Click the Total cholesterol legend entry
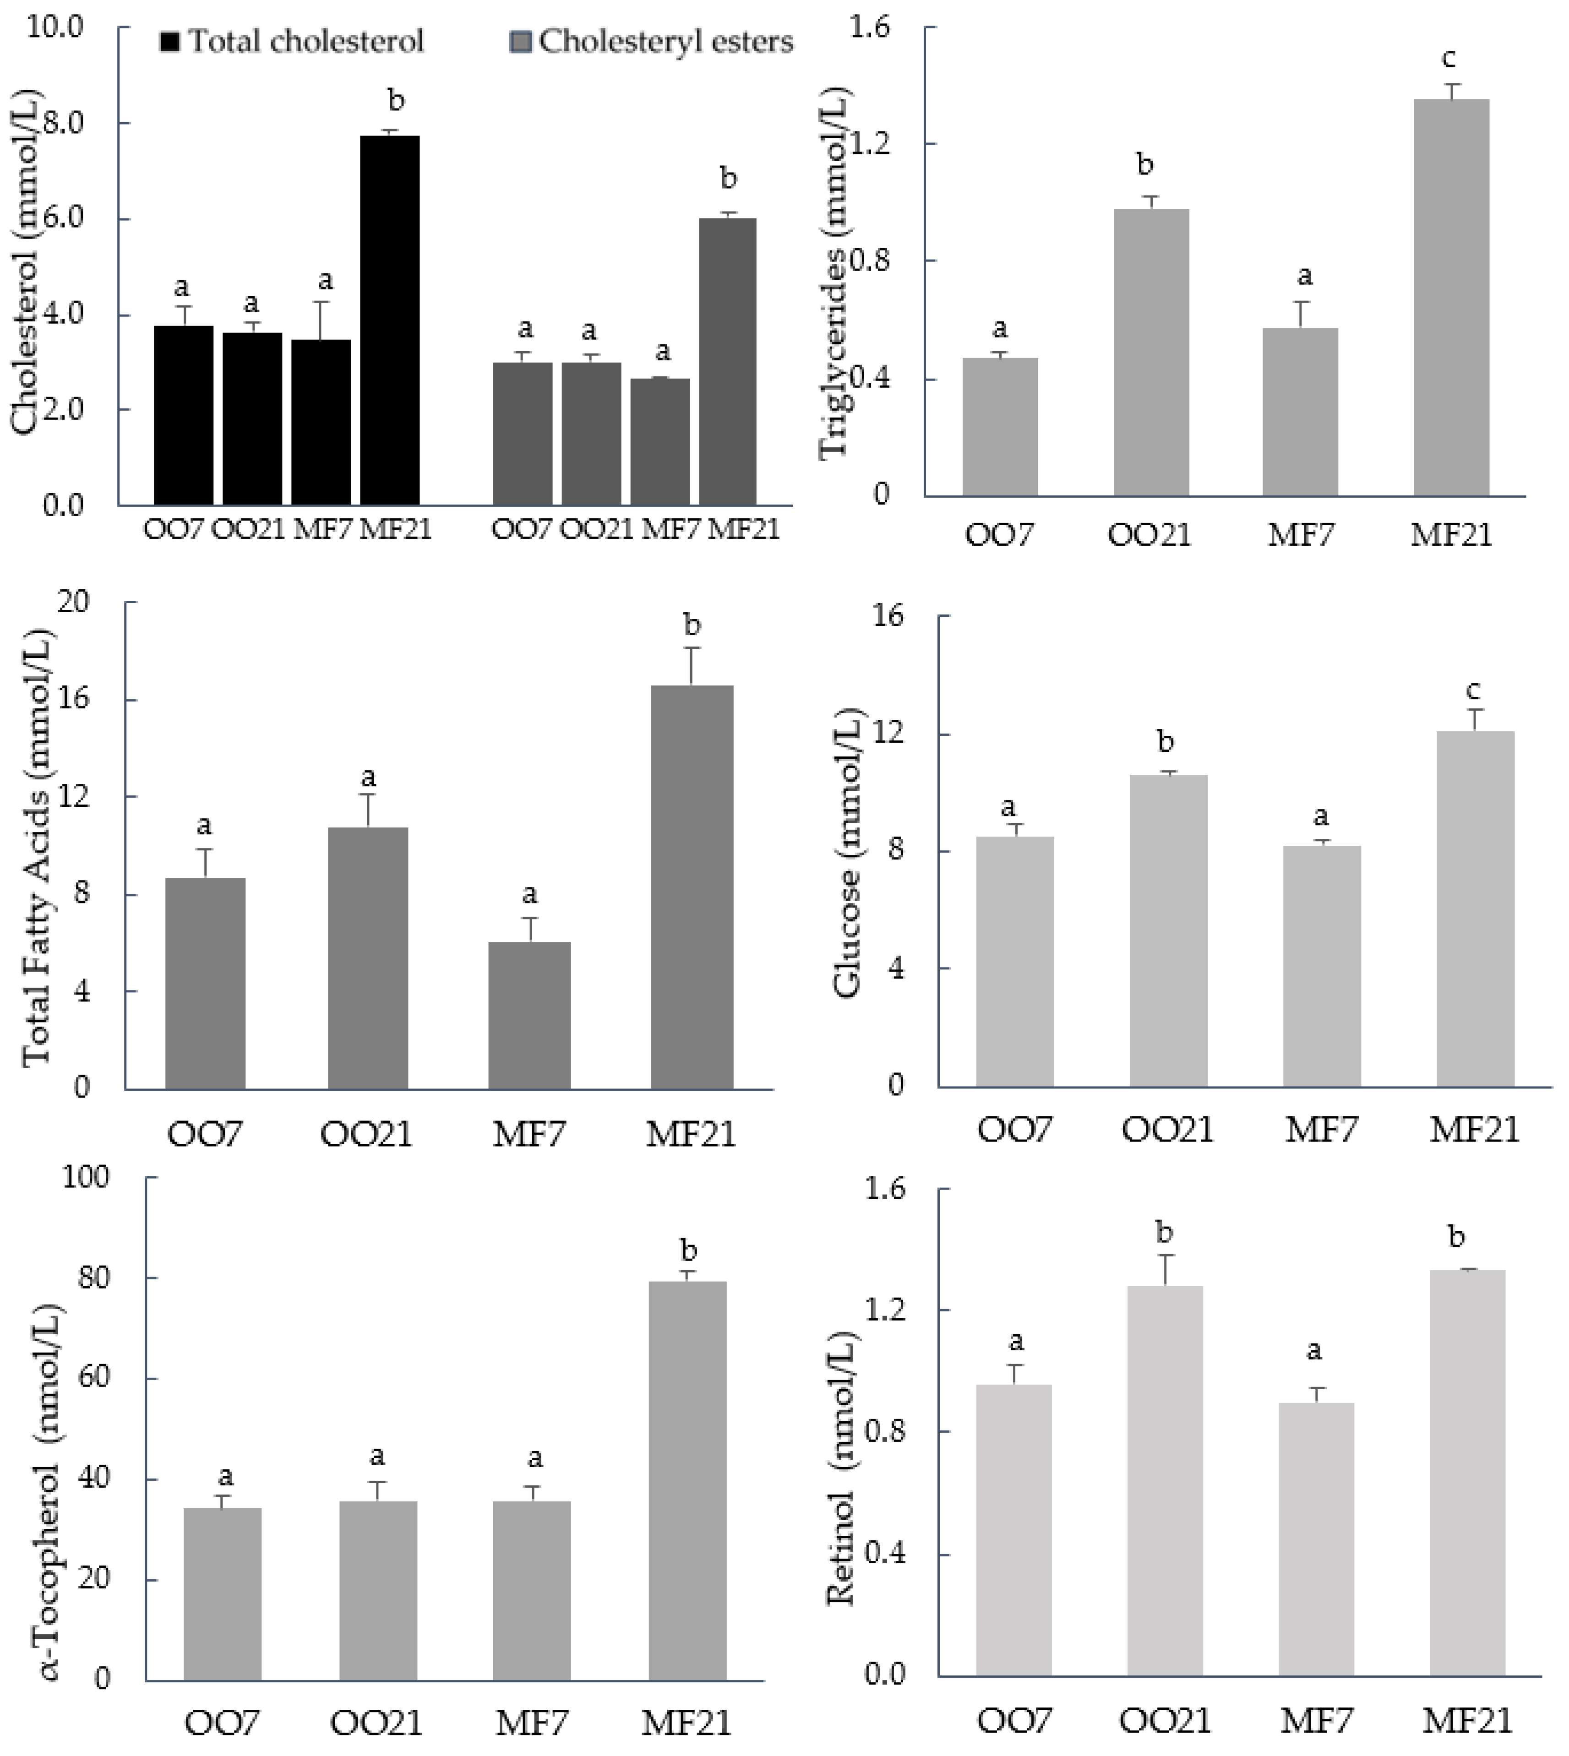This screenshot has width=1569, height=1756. pyautogui.click(x=293, y=41)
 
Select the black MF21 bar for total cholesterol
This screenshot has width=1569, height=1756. pyautogui.click(x=390, y=319)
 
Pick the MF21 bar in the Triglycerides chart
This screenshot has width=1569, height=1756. pyautogui.click(x=1452, y=298)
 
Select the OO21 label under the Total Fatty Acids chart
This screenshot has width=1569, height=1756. pyautogui.click(x=366, y=1135)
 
